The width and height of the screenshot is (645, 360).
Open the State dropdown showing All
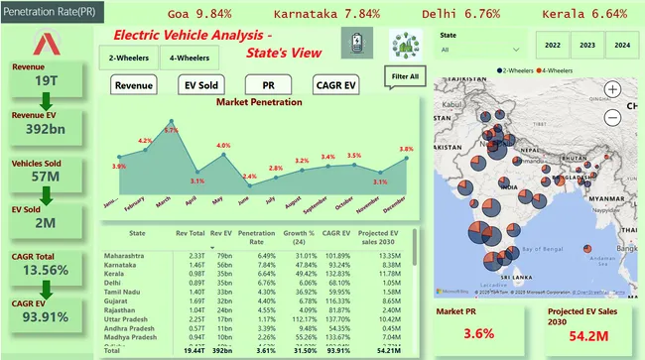point(479,48)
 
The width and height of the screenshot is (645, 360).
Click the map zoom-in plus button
point(612,89)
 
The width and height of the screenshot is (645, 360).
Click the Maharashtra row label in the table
point(129,258)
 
